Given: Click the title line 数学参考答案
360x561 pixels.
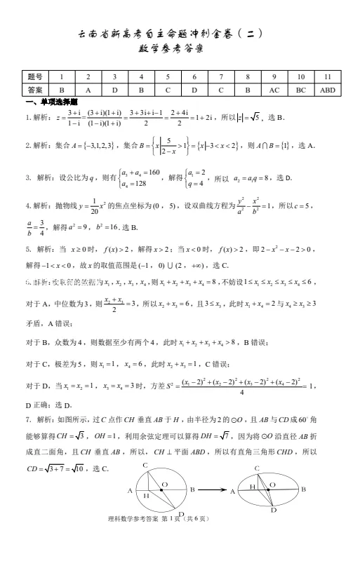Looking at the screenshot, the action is point(180,50).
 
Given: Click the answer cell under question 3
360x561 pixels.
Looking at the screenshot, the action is point(114,90).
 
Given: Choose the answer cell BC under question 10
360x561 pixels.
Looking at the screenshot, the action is point(300,90).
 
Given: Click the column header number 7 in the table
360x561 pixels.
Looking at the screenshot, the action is point(220,76).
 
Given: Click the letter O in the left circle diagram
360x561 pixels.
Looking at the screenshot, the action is point(164,484).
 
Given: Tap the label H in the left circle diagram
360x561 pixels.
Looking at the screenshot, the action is point(147,495).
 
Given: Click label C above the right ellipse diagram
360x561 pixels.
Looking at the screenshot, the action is point(258,467).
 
